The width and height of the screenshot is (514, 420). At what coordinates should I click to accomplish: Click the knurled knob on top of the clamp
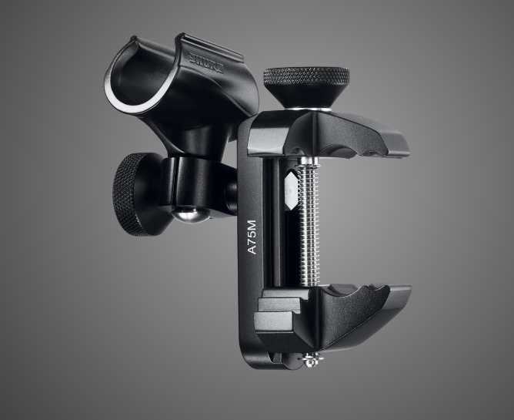tap(306, 77)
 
